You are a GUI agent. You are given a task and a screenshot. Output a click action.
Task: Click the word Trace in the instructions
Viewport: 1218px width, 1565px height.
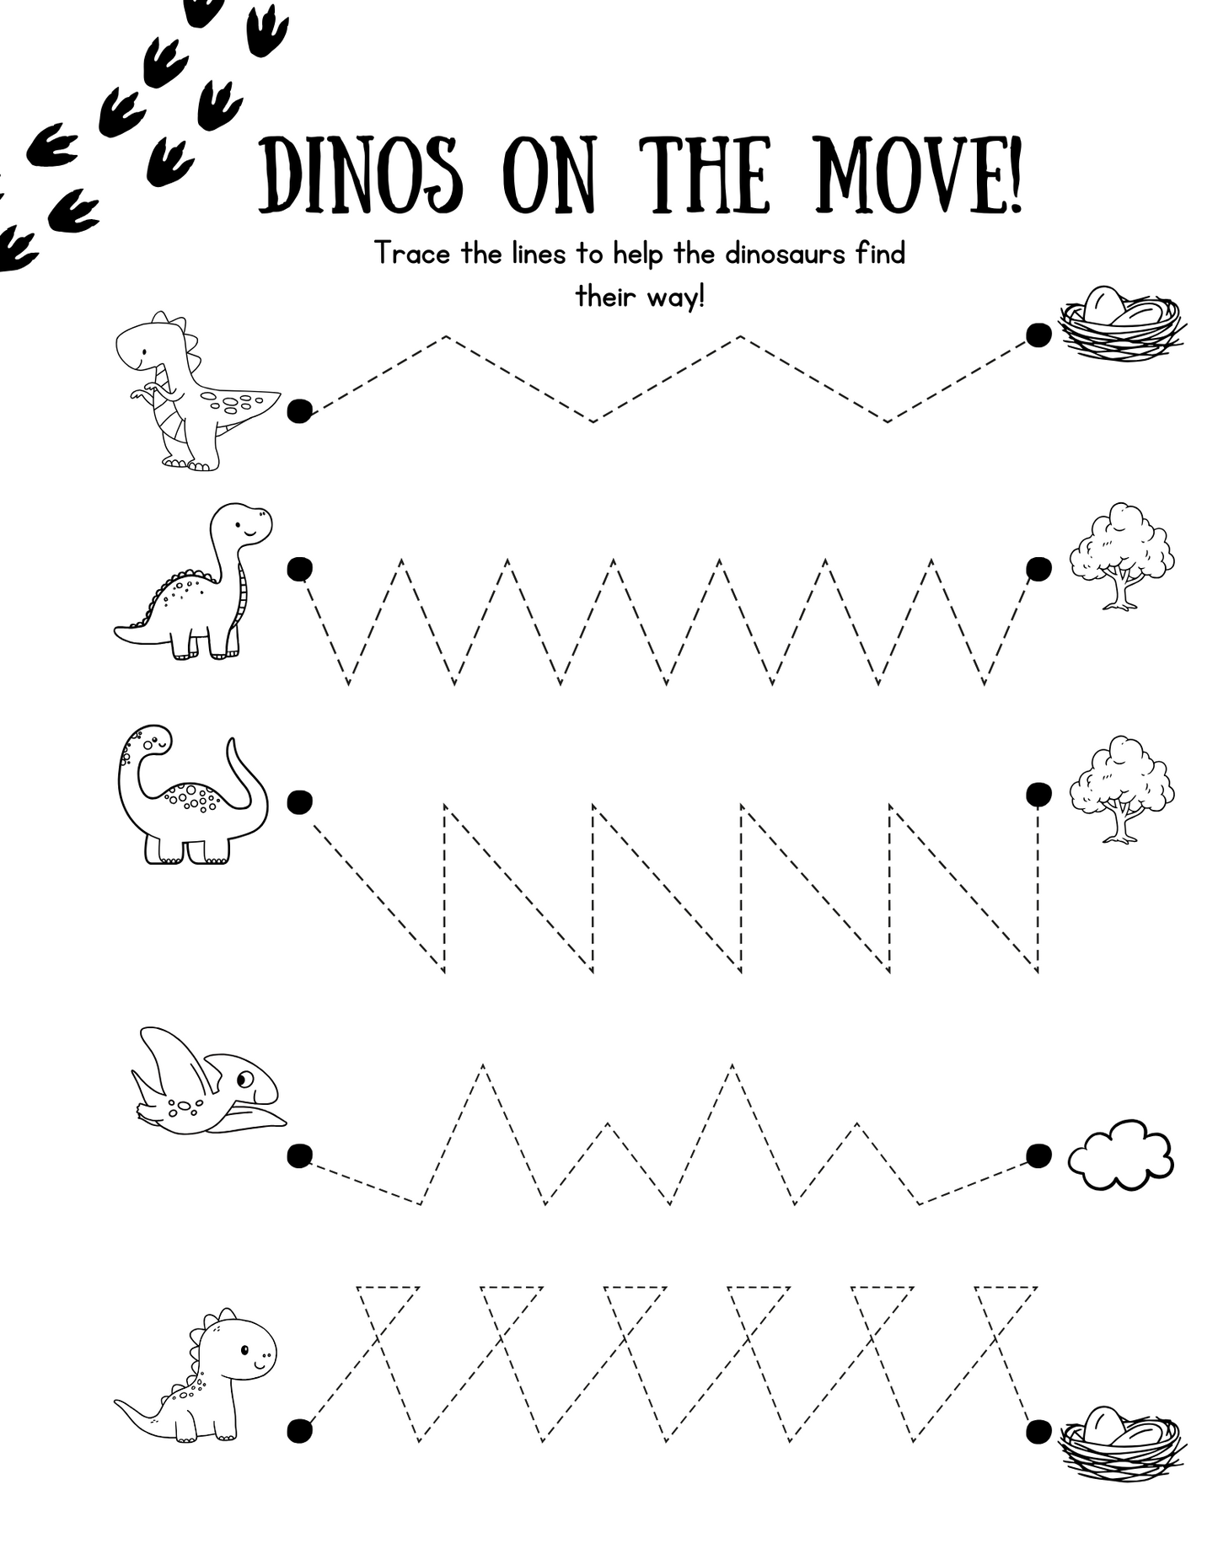tap(413, 253)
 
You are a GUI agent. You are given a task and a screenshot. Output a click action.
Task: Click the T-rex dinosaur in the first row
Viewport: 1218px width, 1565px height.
tap(195, 391)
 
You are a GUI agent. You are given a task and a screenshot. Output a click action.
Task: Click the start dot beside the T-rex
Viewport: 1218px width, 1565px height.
tap(299, 411)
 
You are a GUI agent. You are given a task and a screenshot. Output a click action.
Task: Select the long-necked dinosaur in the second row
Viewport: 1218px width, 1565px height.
tap(194, 582)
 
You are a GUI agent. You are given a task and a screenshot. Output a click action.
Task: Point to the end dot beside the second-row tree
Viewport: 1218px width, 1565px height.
tap(1038, 569)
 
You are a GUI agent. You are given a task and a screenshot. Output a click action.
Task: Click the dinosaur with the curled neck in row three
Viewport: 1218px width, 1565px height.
tap(193, 794)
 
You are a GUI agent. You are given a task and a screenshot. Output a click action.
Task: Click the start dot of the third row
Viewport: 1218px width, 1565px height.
tap(299, 802)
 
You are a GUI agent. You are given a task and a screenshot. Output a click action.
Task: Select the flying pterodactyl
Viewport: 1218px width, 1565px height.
tap(208, 1080)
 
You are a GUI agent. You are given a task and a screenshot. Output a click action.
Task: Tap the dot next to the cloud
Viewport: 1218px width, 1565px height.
tap(1038, 1155)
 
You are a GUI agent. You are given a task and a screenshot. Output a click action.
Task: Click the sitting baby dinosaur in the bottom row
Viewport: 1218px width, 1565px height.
tap(196, 1375)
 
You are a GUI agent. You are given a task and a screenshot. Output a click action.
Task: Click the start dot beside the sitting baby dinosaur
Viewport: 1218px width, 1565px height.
tap(299, 1430)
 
